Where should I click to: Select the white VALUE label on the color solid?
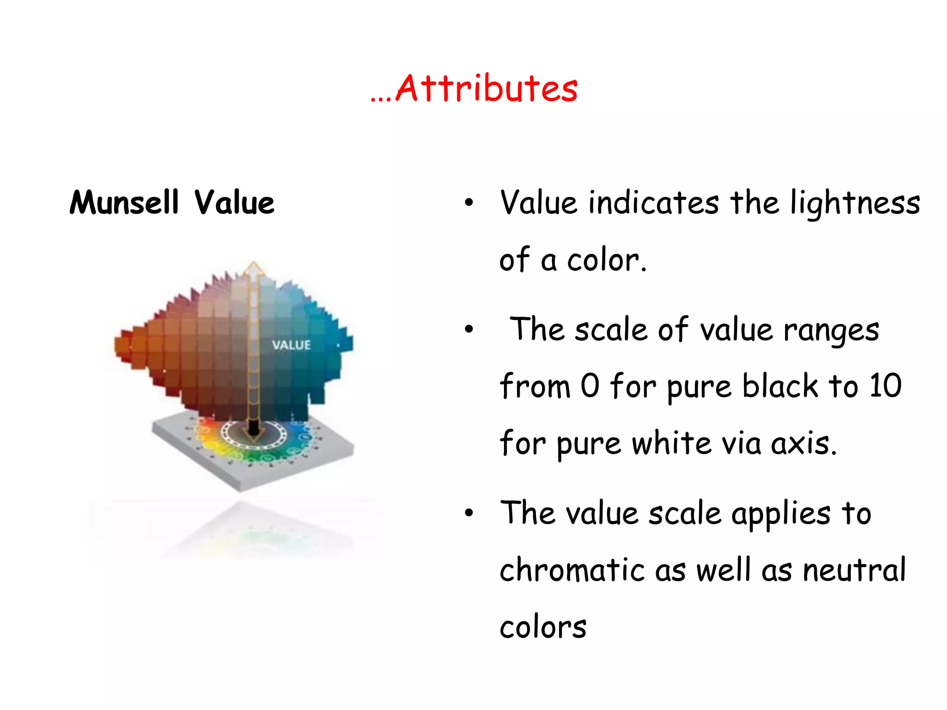point(291,345)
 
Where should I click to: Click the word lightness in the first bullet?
point(855,203)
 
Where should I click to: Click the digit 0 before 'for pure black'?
point(590,386)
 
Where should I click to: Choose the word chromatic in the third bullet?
point(572,569)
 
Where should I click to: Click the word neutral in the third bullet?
point(854,569)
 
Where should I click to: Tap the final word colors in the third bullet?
point(543,628)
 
